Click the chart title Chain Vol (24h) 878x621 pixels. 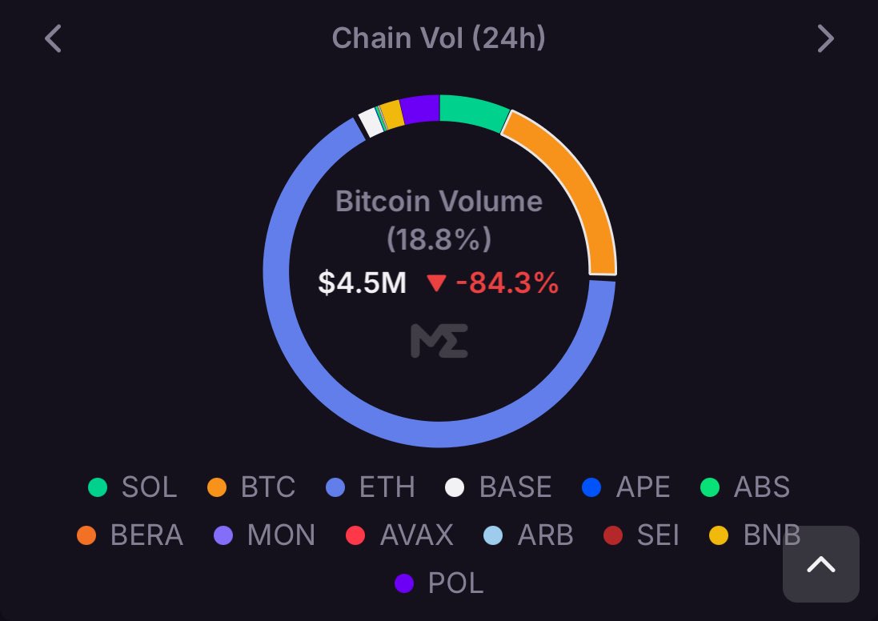(439, 38)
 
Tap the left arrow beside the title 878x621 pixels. (53, 38)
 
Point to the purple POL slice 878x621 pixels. (420, 110)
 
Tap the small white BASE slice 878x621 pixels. (370, 122)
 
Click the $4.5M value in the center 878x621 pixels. (362, 282)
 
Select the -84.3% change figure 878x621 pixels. (507, 282)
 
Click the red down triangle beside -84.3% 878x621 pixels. (436, 283)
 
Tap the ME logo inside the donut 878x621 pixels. (439, 341)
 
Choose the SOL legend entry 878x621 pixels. (133, 487)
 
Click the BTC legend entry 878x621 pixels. (252, 487)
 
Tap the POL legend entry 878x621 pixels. (440, 583)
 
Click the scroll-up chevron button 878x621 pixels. (820, 564)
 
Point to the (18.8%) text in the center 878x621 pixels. (439, 238)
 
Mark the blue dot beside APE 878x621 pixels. (591, 487)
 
